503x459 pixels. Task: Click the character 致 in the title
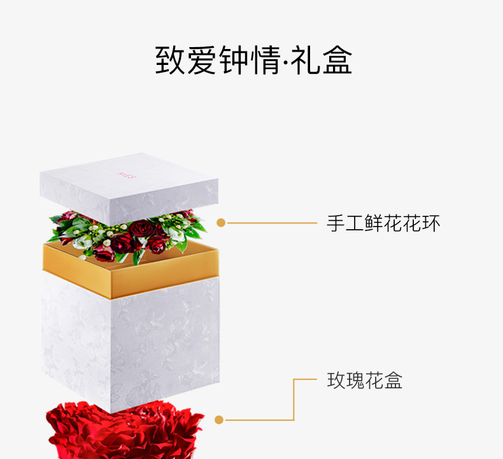click(x=171, y=60)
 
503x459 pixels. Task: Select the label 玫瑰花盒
click(x=365, y=381)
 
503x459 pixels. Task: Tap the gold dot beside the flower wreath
click(x=221, y=223)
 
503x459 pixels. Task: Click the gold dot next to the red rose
click(x=219, y=420)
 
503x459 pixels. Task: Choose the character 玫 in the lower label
click(x=336, y=381)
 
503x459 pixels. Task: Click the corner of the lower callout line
click(x=294, y=379)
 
